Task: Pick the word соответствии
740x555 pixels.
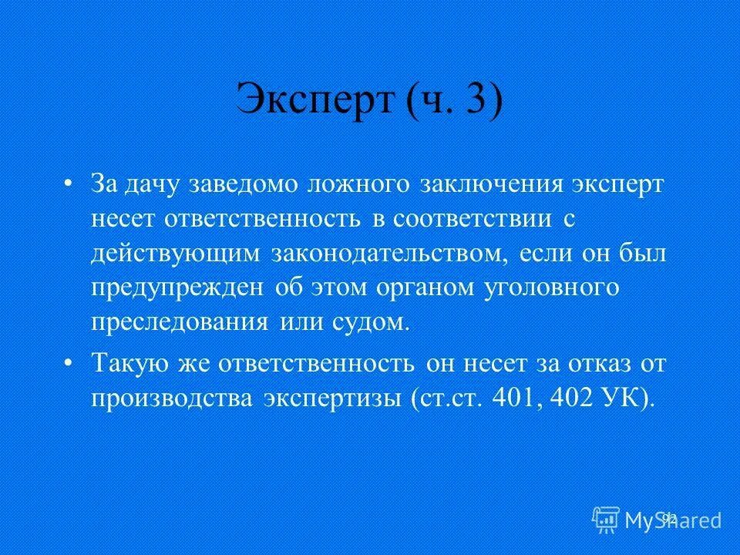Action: click(473, 219)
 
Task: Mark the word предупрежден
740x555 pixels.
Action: click(177, 288)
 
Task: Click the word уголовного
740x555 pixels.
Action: click(552, 288)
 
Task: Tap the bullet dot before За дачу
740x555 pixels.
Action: click(69, 186)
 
